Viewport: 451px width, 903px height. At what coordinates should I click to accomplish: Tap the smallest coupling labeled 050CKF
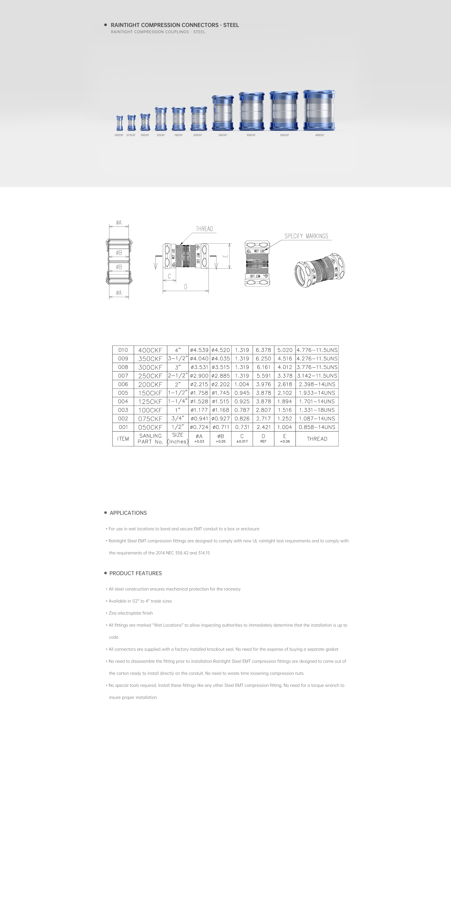(x=120, y=123)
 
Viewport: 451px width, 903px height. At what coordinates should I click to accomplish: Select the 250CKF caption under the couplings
(x=223, y=135)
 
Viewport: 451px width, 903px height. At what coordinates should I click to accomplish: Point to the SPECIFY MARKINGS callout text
(x=306, y=236)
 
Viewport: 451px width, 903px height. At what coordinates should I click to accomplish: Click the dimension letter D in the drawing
(x=186, y=287)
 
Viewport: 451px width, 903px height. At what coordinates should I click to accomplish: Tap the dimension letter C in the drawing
(x=169, y=276)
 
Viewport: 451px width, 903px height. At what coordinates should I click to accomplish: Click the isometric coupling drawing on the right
(x=319, y=270)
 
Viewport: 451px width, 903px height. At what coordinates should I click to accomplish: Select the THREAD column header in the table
(x=317, y=439)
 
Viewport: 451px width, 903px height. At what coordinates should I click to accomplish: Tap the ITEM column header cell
(x=123, y=439)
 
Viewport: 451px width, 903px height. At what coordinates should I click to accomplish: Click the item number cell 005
(x=123, y=393)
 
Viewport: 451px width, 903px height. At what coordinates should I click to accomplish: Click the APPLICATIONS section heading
(x=128, y=513)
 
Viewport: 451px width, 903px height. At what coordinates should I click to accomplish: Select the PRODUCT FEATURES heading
(x=136, y=573)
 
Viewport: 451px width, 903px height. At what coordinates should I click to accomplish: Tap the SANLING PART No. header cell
(x=150, y=439)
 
